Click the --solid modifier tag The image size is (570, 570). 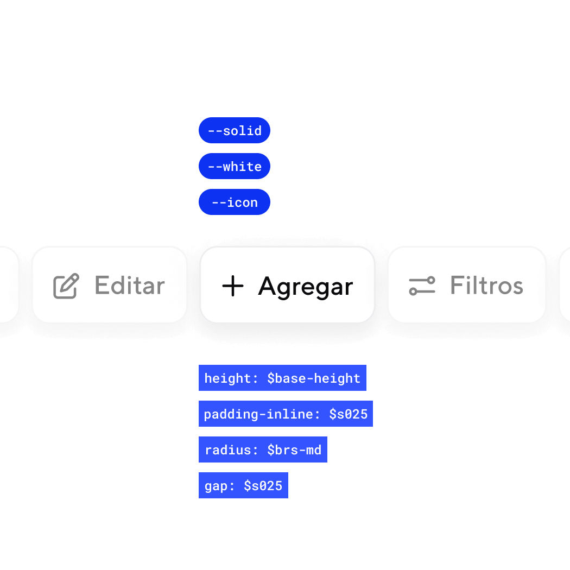[x=235, y=130]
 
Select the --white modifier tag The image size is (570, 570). [x=235, y=166]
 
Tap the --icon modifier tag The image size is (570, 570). [x=235, y=202]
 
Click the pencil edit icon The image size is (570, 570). [x=66, y=286]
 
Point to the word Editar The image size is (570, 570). [x=130, y=286]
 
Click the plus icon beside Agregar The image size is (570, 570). [x=233, y=286]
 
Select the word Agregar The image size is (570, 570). [x=306, y=286]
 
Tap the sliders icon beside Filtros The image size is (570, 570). [x=422, y=286]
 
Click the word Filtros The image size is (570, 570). [x=486, y=286]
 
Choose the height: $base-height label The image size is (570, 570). [x=282, y=378]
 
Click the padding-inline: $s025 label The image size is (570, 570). [x=286, y=414]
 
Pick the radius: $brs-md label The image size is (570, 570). [x=263, y=449]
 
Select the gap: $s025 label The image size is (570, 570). [x=243, y=485]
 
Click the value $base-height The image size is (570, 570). [x=314, y=378]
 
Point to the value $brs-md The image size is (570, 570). [x=294, y=449]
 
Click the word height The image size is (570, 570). [x=227, y=378]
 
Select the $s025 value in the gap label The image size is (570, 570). [x=263, y=485]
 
